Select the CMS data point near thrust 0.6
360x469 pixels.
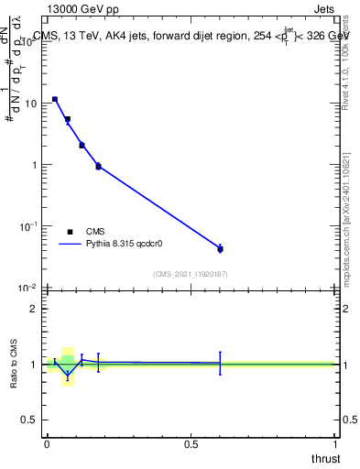point(220,248)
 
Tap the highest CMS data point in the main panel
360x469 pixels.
point(55,99)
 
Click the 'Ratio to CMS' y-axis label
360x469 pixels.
point(14,364)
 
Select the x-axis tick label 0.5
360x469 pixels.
point(191,443)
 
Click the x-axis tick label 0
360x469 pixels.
point(47,443)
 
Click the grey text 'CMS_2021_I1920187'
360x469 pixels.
point(191,274)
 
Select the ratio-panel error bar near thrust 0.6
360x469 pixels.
point(220,363)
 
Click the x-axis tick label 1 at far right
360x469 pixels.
point(335,443)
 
